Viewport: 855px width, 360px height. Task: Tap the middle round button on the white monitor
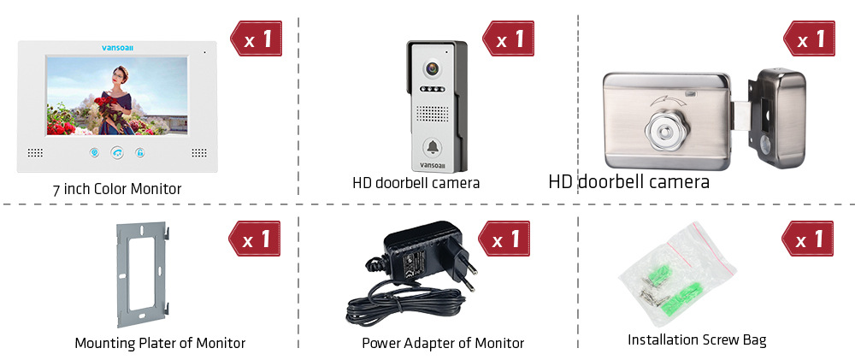pyautogui.click(x=116, y=154)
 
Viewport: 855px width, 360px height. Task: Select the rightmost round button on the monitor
pyautogui.click(x=139, y=154)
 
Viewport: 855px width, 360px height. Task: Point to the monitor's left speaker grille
pyautogui.click(x=35, y=153)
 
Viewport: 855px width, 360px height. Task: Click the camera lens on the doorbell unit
pyautogui.click(x=433, y=66)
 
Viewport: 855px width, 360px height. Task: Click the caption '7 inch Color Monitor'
pyautogui.click(x=115, y=189)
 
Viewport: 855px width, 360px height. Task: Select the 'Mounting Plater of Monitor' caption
pyautogui.click(x=160, y=343)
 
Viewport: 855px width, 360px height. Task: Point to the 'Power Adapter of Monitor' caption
pyautogui.click(x=443, y=343)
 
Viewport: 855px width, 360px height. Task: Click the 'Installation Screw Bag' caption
pyautogui.click(x=697, y=340)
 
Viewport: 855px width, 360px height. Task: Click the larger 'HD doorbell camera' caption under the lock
pyautogui.click(x=628, y=182)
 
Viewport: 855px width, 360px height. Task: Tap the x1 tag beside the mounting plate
pyautogui.click(x=256, y=239)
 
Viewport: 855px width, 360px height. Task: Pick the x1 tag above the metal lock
pyautogui.click(x=808, y=39)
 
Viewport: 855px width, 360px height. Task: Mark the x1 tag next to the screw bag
pyautogui.click(x=808, y=239)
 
